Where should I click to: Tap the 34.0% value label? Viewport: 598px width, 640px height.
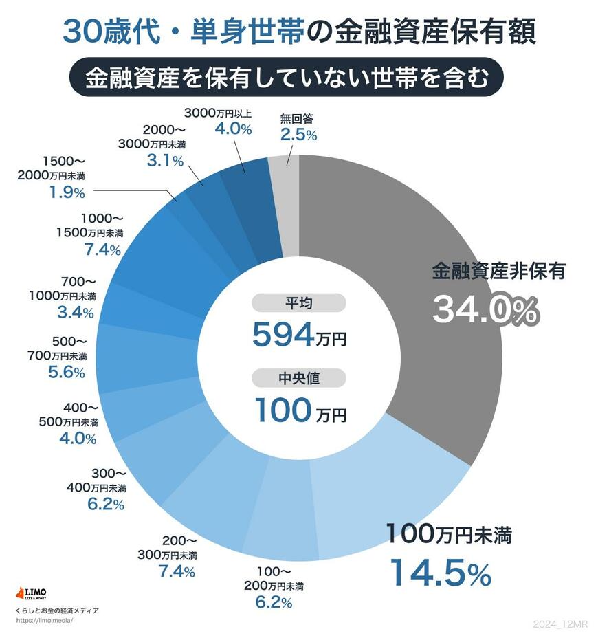click(485, 311)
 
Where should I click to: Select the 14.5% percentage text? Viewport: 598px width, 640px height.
click(441, 573)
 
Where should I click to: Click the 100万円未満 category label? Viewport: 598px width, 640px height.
click(449, 533)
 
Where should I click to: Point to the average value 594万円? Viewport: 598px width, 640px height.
click(299, 335)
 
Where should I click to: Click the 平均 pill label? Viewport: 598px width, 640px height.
click(298, 303)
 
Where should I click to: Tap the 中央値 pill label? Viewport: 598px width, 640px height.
click(298, 379)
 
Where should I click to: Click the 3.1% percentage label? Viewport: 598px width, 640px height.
click(165, 161)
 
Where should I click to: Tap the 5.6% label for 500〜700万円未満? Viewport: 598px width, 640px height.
click(67, 372)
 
